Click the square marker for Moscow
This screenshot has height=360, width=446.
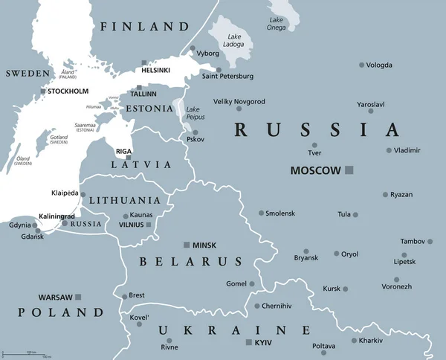point(349,170)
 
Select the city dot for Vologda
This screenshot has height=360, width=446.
point(362,65)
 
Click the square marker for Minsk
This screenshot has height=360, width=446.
point(186,245)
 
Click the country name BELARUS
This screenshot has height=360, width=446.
point(190,262)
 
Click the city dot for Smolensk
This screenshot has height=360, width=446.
point(261,213)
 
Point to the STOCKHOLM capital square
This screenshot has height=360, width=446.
point(44,91)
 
